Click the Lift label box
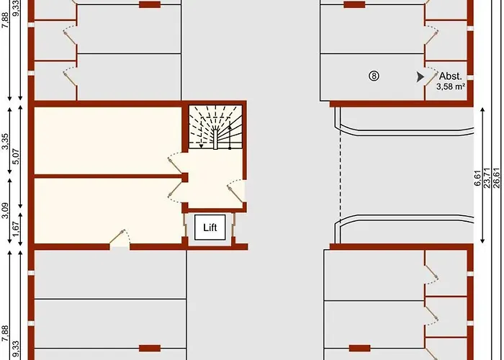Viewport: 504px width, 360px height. click(210, 228)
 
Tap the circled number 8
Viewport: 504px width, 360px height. click(374, 76)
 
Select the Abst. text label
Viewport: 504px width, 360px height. click(450, 76)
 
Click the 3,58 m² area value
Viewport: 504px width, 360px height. click(451, 86)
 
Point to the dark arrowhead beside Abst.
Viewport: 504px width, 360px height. click(420, 77)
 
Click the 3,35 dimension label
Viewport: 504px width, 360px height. click(6, 141)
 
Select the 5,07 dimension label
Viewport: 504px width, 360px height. click(16, 156)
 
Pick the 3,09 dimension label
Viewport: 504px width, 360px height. click(6, 210)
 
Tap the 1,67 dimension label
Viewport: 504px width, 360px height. click(16, 229)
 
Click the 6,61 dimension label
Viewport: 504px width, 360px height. click(477, 178)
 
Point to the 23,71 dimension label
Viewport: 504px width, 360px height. click(487, 178)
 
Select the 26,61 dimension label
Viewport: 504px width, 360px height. click(497, 178)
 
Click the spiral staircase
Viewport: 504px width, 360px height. click(215, 127)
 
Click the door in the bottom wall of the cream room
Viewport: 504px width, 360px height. click(120, 238)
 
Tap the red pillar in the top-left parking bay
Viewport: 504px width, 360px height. click(150, 4)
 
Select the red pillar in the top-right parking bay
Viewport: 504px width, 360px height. click(354, 4)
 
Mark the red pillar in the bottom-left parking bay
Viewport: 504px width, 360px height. click(150, 348)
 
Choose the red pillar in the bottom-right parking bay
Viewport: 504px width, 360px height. click(360, 348)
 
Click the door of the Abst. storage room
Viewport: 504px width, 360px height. click(431, 77)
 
